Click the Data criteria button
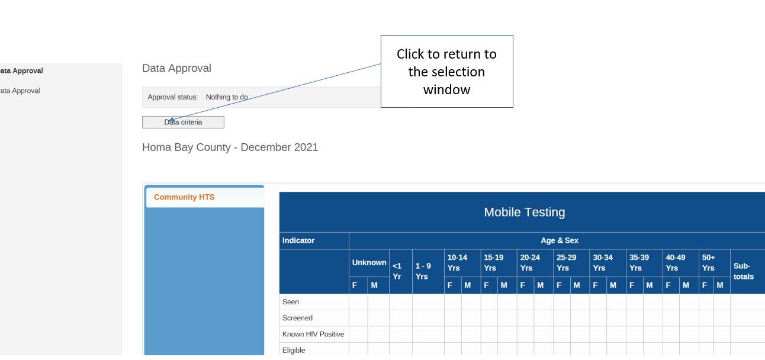(x=183, y=123)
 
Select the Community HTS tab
(x=184, y=197)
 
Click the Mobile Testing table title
(x=524, y=212)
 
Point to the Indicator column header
(x=298, y=240)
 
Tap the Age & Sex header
(x=560, y=240)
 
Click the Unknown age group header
(x=369, y=263)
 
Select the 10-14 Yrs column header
(x=457, y=263)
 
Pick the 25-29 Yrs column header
(x=566, y=263)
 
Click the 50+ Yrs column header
(x=709, y=263)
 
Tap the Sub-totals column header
(x=744, y=271)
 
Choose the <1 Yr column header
(x=397, y=271)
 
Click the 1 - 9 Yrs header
(x=423, y=271)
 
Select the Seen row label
(x=291, y=302)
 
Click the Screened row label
(x=297, y=318)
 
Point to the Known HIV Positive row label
(x=313, y=334)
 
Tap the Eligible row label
(x=294, y=351)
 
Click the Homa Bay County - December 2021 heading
(x=230, y=147)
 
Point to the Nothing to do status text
(x=227, y=97)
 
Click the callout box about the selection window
(x=446, y=72)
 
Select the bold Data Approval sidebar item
(x=21, y=70)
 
